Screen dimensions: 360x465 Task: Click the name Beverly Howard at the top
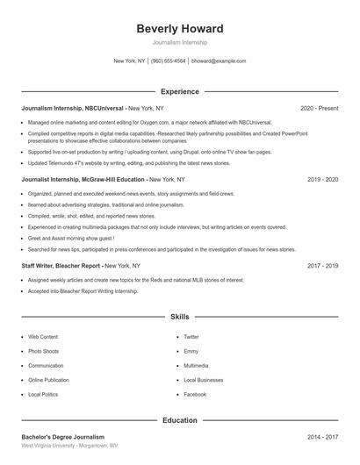(x=180, y=29)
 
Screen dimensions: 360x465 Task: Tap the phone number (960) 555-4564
(x=169, y=61)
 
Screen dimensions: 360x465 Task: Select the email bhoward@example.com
(x=219, y=61)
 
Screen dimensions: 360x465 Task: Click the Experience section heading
(x=180, y=91)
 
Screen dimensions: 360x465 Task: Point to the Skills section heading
(x=180, y=316)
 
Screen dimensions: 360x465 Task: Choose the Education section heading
(x=180, y=420)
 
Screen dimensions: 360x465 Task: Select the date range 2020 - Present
(x=319, y=108)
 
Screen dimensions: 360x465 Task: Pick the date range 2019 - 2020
(x=322, y=179)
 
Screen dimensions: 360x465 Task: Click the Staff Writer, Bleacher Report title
(x=61, y=265)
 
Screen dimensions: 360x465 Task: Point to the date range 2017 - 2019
(x=322, y=265)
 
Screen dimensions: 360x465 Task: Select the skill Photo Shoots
(x=45, y=351)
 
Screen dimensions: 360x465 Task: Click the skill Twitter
(x=191, y=336)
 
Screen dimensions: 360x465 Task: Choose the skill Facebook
(x=195, y=394)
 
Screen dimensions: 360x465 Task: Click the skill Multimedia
(x=196, y=365)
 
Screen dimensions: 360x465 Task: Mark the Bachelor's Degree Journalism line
(x=62, y=436)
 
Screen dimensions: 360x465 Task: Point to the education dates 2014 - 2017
(x=322, y=436)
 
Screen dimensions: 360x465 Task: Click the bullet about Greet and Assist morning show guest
(x=71, y=238)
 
